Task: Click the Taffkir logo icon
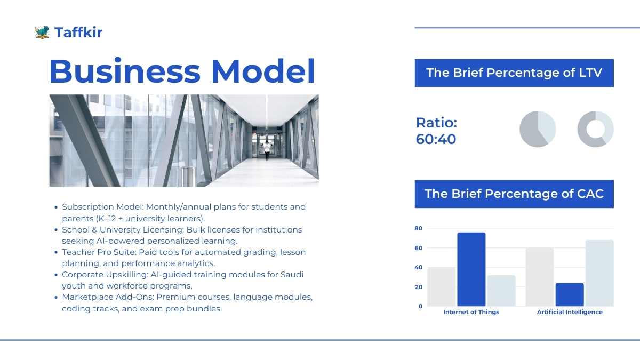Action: pos(42,33)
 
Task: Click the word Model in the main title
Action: pos(263,71)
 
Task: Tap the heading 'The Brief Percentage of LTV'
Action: pos(514,73)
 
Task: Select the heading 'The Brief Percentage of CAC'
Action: pos(514,194)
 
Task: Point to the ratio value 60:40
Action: pos(436,139)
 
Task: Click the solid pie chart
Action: pos(538,129)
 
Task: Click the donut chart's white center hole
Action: pos(595,129)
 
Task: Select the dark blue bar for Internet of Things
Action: pos(471,269)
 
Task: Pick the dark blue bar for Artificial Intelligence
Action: pos(570,294)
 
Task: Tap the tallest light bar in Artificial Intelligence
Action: pos(599,273)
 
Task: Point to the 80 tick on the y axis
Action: pos(418,228)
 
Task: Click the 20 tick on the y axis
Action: pos(418,287)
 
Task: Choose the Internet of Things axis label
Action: pos(471,312)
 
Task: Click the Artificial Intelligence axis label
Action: pos(570,312)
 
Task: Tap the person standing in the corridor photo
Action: pos(267,150)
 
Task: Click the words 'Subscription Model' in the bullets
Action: pos(102,207)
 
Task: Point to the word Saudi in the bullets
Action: pos(292,275)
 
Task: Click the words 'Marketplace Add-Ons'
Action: pos(108,297)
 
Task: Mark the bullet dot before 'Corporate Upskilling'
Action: pos(56,275)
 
